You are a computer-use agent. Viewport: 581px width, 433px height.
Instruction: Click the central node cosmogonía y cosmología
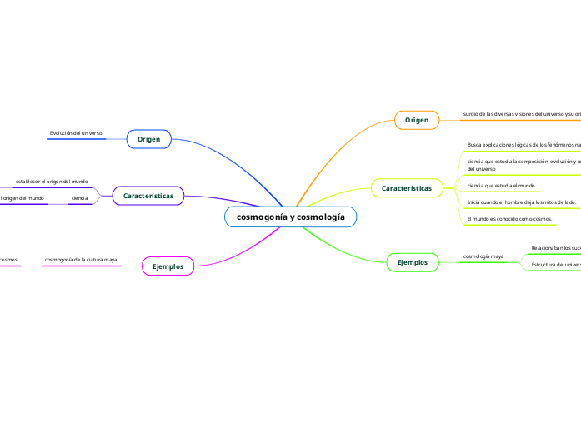point(290,216)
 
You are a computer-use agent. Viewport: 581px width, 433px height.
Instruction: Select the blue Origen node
point(148,138)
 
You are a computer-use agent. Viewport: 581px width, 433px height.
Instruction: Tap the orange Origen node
point(416,121)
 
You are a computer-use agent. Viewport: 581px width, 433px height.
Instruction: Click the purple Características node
point(148,196)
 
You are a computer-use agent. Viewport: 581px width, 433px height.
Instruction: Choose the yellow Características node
point(406,189)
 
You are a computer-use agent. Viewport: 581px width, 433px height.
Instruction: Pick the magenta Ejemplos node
point(168,266)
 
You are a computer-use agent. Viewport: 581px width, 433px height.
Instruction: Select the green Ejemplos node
point(412,262)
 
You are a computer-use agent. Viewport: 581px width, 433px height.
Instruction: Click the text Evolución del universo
point(76,132)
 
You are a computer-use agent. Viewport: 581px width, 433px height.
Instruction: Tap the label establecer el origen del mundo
point(51,181)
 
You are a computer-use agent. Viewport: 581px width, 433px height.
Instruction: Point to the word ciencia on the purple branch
point(80,198)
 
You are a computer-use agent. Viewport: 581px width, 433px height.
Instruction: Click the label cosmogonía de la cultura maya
point(80,260)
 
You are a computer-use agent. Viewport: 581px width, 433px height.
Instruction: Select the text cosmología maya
point(483,256)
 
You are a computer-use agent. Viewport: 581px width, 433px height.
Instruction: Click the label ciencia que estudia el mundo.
point(502,185)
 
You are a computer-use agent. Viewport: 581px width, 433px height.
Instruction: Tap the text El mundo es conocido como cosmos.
point(510,218)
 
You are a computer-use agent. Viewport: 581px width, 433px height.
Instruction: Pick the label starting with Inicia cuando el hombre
point(521,202)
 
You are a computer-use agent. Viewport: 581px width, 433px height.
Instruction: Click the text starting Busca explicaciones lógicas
point(523,144)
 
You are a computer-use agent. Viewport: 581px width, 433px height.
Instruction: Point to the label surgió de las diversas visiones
point(521,114)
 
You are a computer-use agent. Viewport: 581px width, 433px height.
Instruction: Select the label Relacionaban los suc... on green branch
point(555,247)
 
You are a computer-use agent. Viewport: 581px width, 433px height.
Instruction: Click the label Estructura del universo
point(555,264)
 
